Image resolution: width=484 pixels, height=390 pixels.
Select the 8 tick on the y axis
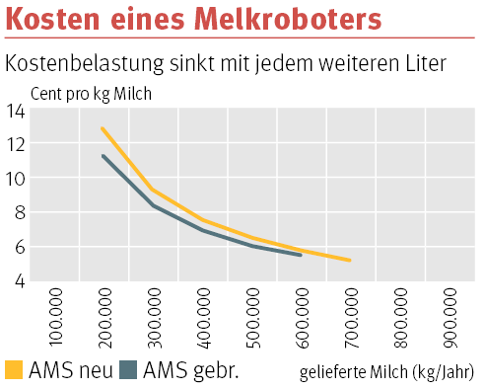click(19, 213)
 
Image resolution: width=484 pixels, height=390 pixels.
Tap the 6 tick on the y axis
click(19, 247)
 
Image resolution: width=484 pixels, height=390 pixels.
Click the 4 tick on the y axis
click(19, 281)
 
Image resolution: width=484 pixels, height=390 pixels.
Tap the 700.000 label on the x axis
click(353, 316)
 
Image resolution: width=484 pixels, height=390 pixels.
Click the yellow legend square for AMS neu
click(14, 370)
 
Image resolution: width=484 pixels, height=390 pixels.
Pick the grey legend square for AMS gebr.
click(128, 370)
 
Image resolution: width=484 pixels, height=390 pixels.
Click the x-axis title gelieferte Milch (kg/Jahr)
click(386, 372)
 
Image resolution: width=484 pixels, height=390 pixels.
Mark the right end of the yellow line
click(350, 261)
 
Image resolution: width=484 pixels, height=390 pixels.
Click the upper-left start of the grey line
click(103, 155)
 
